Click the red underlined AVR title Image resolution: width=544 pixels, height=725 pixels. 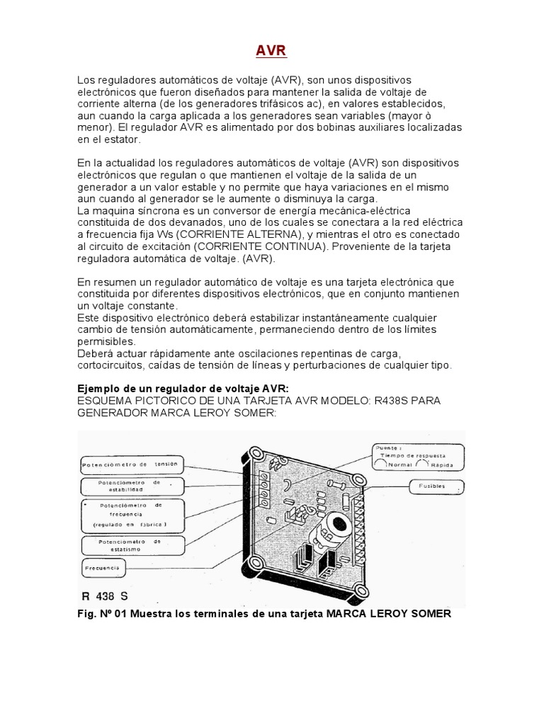click(x=271, y=52)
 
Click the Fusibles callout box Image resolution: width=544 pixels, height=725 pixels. click(x=436, y=488)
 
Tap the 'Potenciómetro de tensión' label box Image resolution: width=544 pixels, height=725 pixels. click(x=132, y=465)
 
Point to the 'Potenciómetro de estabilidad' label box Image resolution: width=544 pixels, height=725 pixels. click(x=132, y=486)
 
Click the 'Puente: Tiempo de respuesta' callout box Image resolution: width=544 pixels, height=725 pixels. click(x=418, y=457)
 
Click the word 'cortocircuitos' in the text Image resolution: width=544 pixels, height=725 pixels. click(x=110, y=365)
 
